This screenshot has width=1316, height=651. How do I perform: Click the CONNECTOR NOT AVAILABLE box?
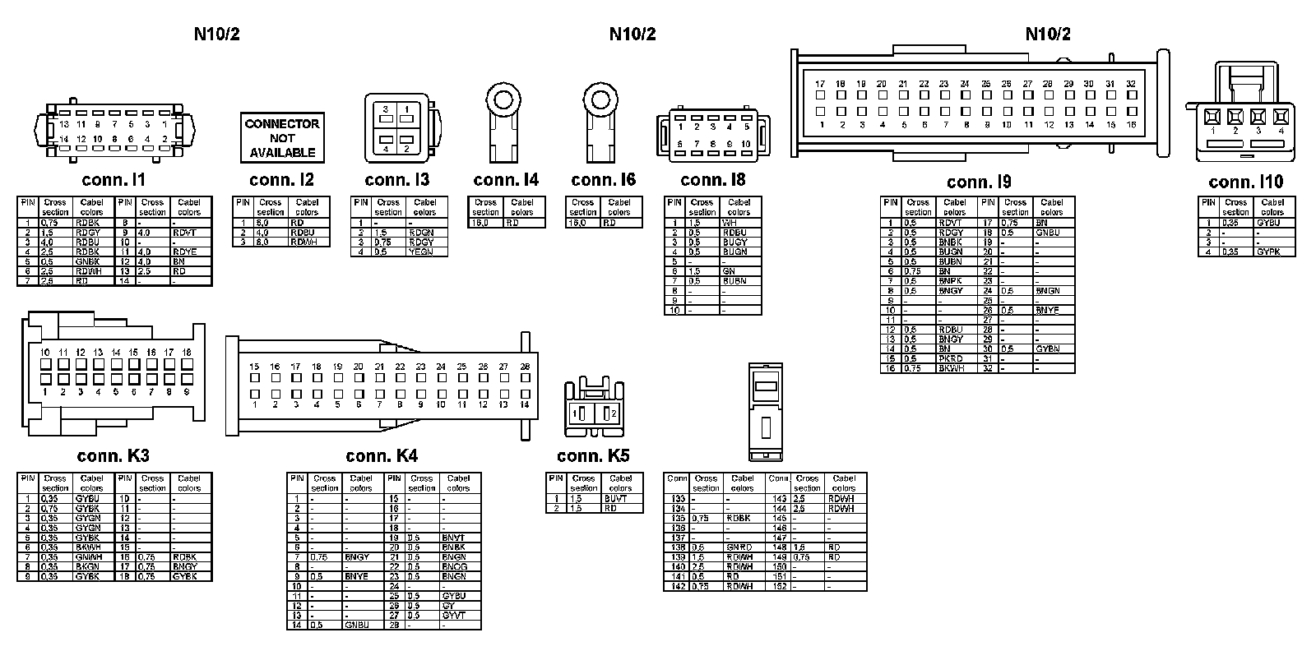[281, 138]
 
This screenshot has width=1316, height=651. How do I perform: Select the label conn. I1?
[114, 180]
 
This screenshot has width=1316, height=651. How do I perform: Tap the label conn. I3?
[396, 180]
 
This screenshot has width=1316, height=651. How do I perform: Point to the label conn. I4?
[506, 180]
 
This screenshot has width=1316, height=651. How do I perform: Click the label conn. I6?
[603, 180]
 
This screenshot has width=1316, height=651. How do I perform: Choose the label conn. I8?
[713, 180]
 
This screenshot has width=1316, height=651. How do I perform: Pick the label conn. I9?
[979, 182]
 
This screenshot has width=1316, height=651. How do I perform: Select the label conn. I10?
[1245, 182]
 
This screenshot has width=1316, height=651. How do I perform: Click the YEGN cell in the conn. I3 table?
[420, 252]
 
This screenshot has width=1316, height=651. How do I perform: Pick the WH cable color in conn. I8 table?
[730, 223]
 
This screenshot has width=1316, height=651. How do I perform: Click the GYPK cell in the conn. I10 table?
[1268, 252]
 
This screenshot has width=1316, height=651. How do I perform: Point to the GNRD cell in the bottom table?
[739, 547]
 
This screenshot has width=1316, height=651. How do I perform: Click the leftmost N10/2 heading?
[216, 34]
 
